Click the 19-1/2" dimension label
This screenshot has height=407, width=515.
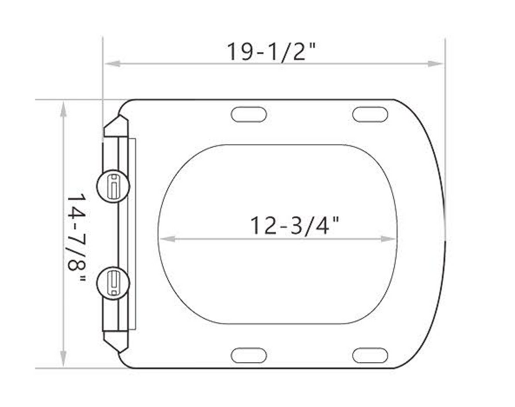click(271, 52)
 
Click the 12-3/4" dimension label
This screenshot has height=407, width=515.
click(294, 226)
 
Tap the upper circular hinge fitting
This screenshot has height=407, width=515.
click(113, 186)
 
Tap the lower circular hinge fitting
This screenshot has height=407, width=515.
click(113, 283)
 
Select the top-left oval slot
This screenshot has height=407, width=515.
click(249, 115)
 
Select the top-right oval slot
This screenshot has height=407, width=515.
click(370, 115)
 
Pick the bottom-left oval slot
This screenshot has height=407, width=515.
click(249, 355)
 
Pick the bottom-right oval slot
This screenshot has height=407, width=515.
click(370, 355)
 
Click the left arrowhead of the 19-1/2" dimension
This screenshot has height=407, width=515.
click(112, 63)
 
